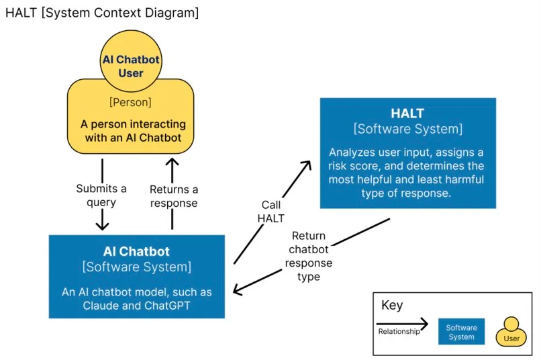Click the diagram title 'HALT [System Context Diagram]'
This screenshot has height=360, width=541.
(102, 13)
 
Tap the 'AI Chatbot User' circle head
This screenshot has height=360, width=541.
(131, 66)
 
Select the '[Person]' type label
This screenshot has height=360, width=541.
(130, 103)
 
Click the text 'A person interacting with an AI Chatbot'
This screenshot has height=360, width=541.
(133, 131)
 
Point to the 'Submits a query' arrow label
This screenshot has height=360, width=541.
(101, 195)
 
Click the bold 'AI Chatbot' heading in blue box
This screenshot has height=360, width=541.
(136, 251)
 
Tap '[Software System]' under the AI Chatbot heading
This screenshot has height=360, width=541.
(136, 267)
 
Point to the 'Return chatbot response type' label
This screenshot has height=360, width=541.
(308, 256)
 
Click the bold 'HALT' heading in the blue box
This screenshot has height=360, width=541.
(407, 114)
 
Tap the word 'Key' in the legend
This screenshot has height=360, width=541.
(392, 306)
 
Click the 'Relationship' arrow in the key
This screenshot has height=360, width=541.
(401, 324)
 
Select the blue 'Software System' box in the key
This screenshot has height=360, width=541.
(461, 332)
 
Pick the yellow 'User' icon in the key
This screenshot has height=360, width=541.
(511, 332)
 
